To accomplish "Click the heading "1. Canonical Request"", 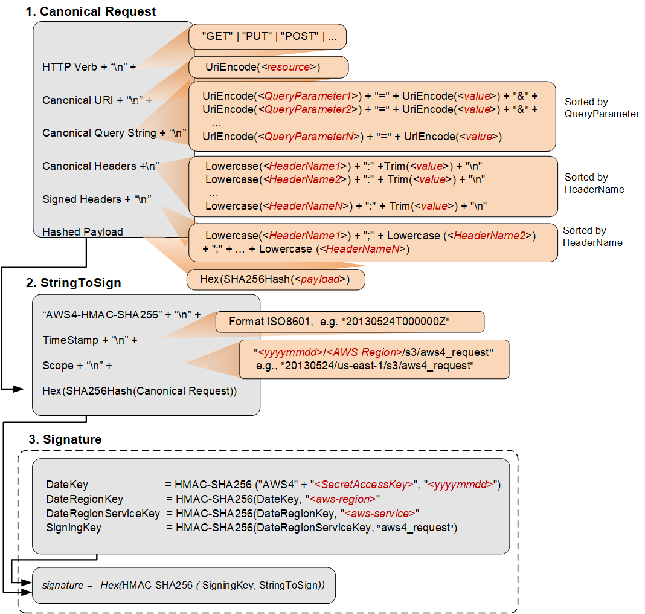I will click(x=91, y=11).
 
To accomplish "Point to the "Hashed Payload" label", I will click(x=83, y=232).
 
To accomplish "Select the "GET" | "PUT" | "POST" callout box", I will click(x=268, y=36).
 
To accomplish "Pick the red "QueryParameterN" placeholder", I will click(x=309, y=137).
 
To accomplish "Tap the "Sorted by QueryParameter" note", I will click(x=601, y=108).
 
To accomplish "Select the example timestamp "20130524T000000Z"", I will click(x=397, y=322).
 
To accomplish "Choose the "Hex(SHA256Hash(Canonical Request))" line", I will click(x=140, y=391).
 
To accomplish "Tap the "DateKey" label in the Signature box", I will click(x=67, y=485).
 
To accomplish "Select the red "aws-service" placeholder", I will click(x=379, y=513).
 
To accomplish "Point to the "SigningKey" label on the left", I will click(x=74, y=528).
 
